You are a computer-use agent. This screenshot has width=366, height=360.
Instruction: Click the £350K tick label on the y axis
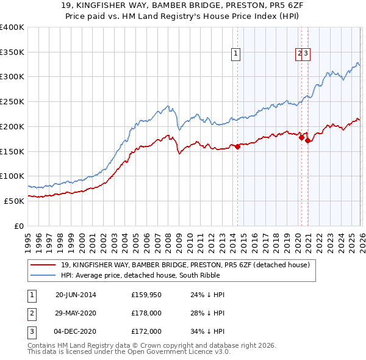pos(12,52)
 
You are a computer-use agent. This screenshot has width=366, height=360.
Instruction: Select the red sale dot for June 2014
pos(237,146)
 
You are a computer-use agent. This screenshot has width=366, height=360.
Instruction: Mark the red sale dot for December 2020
pos(308,140)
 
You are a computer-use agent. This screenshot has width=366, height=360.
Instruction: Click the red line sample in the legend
pos(43,265)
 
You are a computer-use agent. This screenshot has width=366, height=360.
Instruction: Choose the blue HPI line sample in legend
pos(43,275)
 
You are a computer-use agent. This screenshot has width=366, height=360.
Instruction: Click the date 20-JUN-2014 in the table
pos(76,295)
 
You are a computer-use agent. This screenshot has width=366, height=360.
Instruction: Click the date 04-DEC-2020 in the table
pos(76,331)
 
